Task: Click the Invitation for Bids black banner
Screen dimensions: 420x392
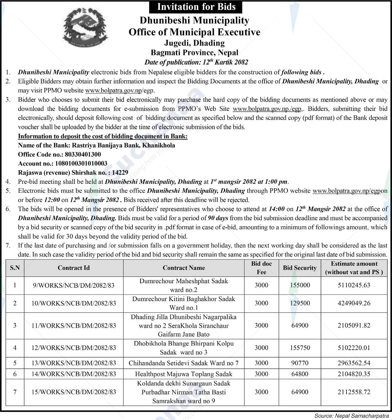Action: coord(196,7)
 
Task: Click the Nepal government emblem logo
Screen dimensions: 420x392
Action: coord(86,27)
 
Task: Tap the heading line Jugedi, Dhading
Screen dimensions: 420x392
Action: coord(195,43)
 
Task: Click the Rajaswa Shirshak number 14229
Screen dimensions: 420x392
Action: coord(120,172)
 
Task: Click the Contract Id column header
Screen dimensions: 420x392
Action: coord(73,268)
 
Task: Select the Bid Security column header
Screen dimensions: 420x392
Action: coord(299,268)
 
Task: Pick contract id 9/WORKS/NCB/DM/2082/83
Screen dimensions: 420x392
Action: coord(74,285)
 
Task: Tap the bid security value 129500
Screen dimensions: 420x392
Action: coord(300,303)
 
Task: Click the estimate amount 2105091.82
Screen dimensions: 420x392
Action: coord(354,325)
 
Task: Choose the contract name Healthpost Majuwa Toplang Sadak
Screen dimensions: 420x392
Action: coord(184,374)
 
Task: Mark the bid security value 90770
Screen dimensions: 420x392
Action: coord(300,363)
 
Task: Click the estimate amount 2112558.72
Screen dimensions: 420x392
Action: coord(354,392)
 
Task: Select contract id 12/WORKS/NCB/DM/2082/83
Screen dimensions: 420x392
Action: coord(74,348)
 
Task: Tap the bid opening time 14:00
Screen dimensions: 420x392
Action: coord(276,209)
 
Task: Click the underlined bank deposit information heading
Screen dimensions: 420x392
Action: coord(103,136)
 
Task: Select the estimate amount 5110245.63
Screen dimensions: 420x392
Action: coord(354,285)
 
